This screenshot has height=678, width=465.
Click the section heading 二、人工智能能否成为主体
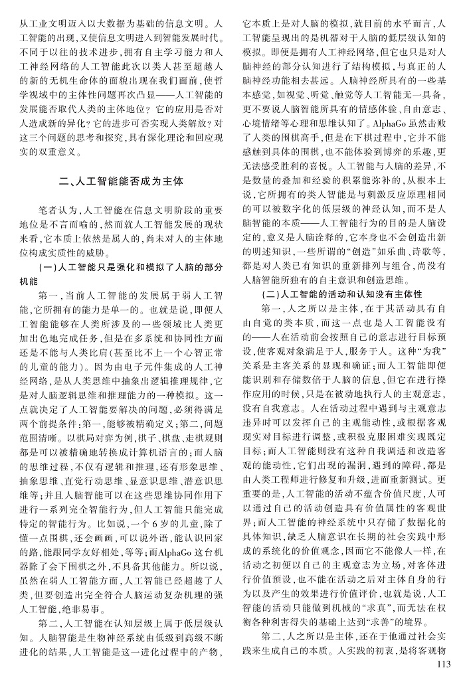pos(120,181)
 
